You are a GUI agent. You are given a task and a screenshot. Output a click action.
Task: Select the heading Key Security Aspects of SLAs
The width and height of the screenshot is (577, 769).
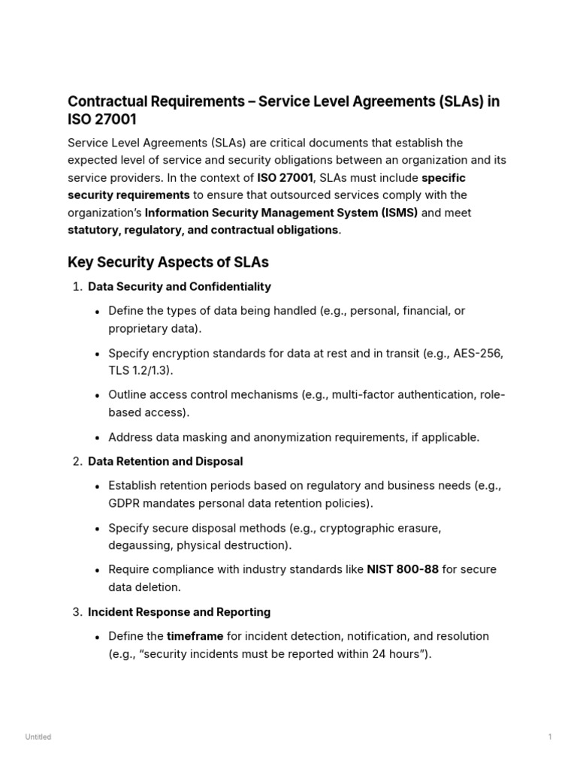click(x=168, y=262)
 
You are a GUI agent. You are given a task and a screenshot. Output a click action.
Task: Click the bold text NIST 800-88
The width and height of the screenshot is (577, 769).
click(x=403, y=570)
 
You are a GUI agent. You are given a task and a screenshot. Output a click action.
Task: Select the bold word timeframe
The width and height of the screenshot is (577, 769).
click(x=195, y=636)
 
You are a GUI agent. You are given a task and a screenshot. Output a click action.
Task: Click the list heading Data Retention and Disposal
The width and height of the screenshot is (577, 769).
click(x=165, y=461)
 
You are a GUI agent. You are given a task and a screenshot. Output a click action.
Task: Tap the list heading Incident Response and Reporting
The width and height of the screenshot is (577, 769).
click(x=179, y=612)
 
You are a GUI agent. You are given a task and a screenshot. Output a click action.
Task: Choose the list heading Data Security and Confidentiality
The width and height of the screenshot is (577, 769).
click(x=179, y=287)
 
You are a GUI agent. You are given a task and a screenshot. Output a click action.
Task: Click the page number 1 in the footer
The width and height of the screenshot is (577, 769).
click(x=550, y=737)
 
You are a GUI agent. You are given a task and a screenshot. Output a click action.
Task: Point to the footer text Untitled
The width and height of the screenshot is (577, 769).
click(x=38, y=737)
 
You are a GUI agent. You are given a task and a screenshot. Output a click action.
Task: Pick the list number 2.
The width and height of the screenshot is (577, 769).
click(x=77, y=461)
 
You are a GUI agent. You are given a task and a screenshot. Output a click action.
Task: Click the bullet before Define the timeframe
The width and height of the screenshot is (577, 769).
click(x=98, y=637)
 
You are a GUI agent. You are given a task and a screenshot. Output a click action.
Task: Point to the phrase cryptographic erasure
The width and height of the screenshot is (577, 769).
click(x=380, y=528)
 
